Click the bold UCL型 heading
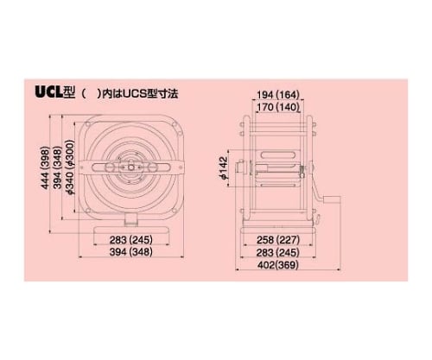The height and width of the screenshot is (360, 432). click(x=54, y=92)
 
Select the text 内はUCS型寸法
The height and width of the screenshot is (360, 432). click(x=140, y=94)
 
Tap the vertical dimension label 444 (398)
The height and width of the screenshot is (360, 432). click(x=45, y=168)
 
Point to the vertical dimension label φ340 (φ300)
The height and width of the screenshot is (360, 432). click(x=71, y=167)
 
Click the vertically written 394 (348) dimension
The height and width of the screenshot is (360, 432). click(x=58, y=168)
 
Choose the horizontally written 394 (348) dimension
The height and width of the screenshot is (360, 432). click(x=130, y=252)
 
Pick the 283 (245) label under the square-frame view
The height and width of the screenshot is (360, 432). click(x=130, y=239)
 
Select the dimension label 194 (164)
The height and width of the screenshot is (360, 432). click(x=278, y=94)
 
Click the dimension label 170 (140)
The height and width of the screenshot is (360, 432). click(x=278, y=107)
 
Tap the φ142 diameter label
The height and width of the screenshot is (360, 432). click(x=224, y=168)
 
